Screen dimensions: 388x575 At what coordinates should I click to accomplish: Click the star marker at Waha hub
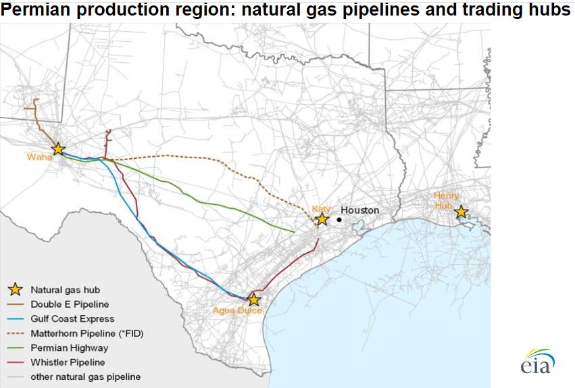coord(58,149)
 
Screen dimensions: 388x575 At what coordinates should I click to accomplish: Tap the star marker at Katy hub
coord(322,219)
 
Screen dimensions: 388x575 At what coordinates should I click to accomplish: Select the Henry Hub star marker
coord(461,212)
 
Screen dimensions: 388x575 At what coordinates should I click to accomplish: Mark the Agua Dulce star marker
coord(253,299)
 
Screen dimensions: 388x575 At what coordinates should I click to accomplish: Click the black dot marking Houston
coord(339,219)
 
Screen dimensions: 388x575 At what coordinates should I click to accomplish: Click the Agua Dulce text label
coord(236,310)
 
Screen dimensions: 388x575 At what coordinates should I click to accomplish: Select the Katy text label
coord(320,209)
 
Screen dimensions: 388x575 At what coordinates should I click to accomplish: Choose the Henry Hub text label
coord(446,200)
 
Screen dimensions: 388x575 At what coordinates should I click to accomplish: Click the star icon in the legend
coord(15,290)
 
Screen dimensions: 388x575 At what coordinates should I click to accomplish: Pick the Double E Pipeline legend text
coord(70,304)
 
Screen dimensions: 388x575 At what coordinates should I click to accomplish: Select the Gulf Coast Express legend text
coord(72,318)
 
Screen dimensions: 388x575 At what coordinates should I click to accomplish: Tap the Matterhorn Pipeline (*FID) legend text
coord(87,333)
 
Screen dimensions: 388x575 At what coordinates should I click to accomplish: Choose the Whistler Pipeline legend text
coord(68,362)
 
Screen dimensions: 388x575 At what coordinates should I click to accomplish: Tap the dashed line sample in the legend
coord(15,333)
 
